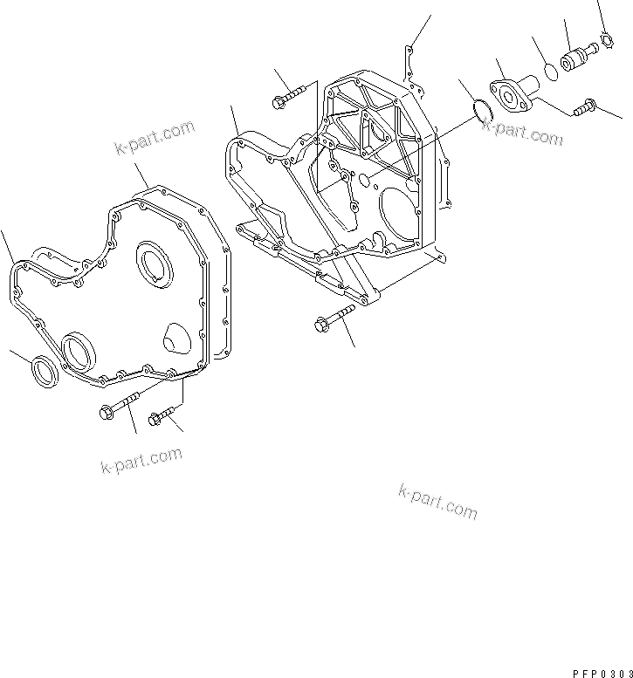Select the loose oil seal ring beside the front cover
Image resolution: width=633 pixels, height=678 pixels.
click(46, 370)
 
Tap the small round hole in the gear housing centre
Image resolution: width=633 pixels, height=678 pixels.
click(362, 180)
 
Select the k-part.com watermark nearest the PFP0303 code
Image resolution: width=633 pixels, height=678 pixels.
click(437, 501)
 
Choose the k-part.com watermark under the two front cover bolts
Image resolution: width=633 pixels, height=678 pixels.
click(141, 459)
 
